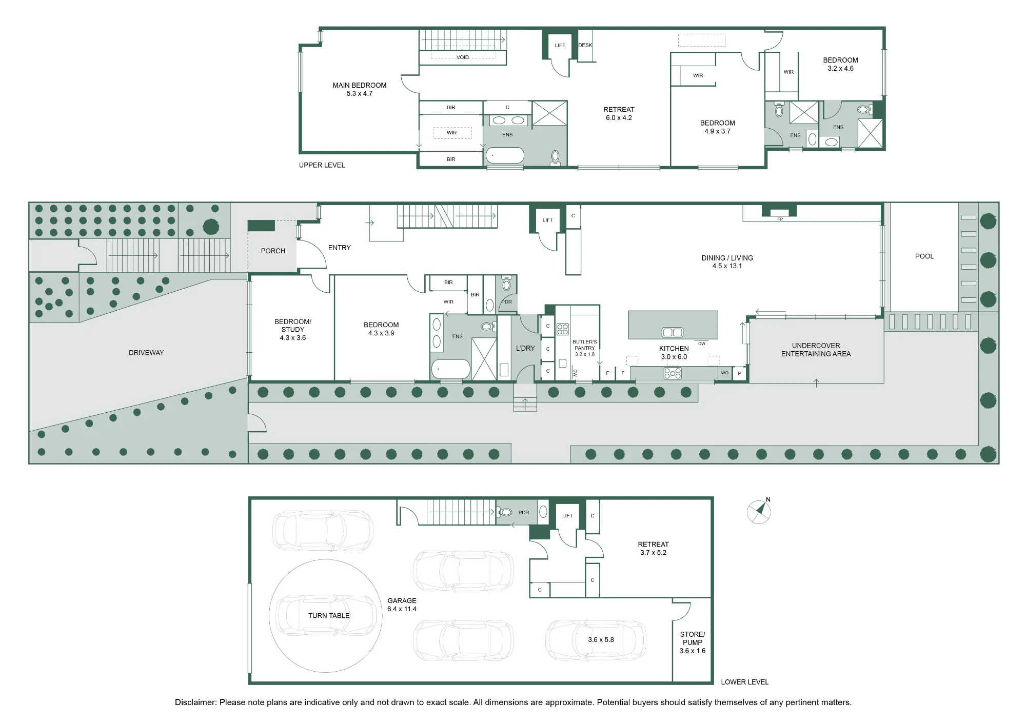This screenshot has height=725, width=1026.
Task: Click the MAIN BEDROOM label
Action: pos(359,85)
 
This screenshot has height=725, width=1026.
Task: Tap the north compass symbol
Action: pos(759,511)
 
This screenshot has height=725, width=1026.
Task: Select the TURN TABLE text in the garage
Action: pos(329,615)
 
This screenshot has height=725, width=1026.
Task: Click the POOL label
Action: pos(924,256)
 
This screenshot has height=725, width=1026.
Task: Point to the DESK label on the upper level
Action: pos(585,45)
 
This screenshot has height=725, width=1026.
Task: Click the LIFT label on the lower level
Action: pos(567,516)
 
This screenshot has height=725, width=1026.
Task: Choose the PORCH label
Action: pos(273,251)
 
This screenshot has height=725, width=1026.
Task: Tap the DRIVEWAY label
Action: pos(146,353)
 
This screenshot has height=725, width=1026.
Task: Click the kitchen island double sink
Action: pos(673,332)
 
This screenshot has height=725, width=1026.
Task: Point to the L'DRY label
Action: pos(525,348)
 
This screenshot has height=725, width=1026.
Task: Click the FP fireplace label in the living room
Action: pos(780,219)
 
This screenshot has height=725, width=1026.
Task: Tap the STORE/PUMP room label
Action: pos(693,638)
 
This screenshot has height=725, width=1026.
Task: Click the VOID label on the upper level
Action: pos(463,57)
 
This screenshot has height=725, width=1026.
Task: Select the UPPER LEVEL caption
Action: pos(322,165)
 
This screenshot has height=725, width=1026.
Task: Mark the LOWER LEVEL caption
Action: pos(744,682)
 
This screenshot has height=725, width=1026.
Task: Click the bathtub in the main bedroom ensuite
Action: pos(505,156)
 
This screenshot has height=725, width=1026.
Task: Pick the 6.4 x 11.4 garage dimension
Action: pos(402,609)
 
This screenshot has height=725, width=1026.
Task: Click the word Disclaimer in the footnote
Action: pos(195,702)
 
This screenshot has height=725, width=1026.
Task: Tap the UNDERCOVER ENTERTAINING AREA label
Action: pos(816,350)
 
